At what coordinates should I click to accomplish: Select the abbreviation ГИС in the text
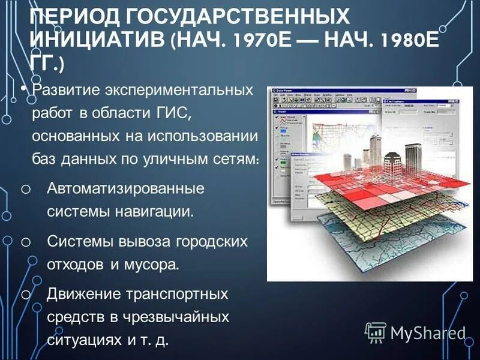pyautogui.click(x=179, y=112)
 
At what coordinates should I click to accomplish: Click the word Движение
pyautogui.click(x=83, y=295)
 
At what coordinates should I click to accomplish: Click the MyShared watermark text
pyautogui.click(x=428, y=332)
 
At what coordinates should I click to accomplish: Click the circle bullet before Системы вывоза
pyautogui.click(x=25, y=242)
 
